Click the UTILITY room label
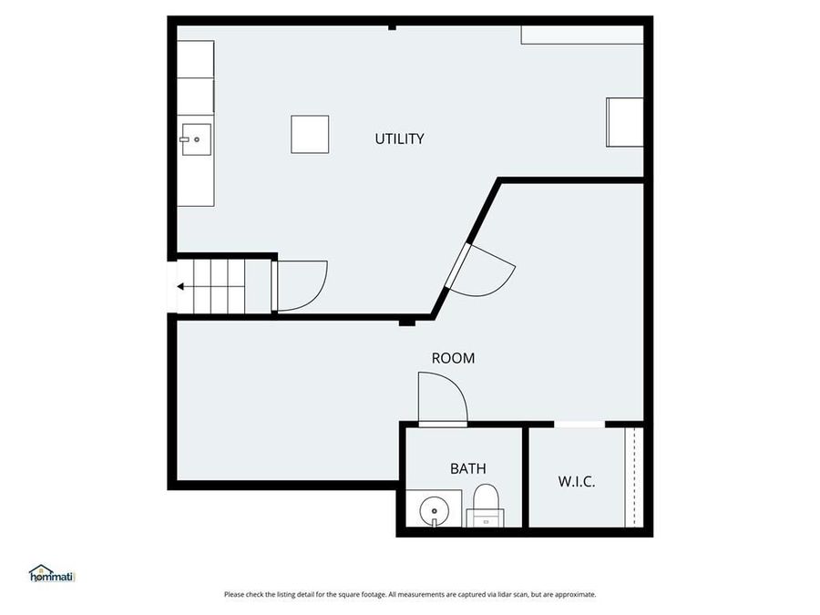(399, 139)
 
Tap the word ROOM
(453, 359)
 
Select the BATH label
(467, 469)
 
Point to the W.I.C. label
(576, 481)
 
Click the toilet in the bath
(485, 504)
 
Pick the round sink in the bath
(435, 510)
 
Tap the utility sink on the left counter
(195, 139)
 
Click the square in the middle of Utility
(310, 134)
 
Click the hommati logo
(51, 573)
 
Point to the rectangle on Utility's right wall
(625, 122)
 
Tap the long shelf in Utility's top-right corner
(582, 35)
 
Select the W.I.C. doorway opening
(579, 424)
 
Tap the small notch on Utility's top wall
(392, 27)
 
